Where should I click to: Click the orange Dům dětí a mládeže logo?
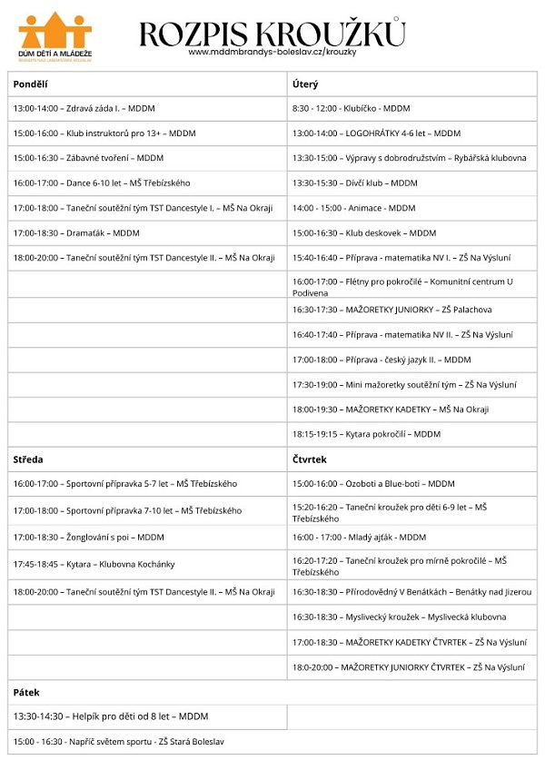coord(54,36)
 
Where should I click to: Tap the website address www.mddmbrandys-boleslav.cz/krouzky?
coord(272,52)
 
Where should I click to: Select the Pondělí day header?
coord(31,84)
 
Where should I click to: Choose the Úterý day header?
coord(304,84)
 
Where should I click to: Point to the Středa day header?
coord(28,459)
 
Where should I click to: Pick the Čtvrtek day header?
coord(309,459)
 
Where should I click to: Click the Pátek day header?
coord(26,692)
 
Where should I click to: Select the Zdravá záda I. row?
coord(84,109)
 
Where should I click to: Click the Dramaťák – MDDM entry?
coord(76,233)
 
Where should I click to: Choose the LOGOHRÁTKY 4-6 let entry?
coord(376,133)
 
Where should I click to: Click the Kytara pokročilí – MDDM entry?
coord(366,434)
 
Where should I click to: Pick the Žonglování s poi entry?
coord(88,538)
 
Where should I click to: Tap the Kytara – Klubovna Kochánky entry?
coord(94,564)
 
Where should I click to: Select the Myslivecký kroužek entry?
coord(399,617)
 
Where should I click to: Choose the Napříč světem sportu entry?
coord(118,742)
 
